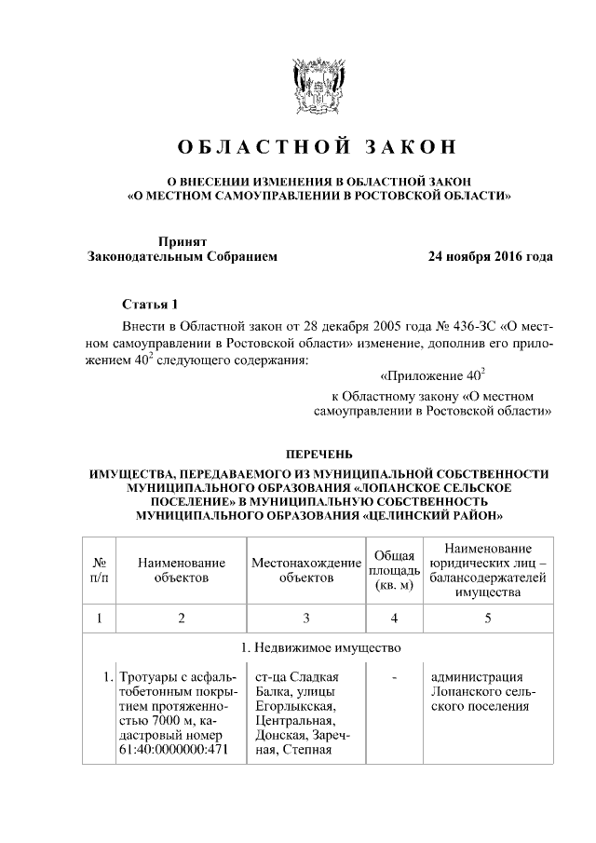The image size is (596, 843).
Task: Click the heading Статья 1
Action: coord(149,305)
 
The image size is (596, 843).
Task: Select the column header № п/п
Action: coord(99,570)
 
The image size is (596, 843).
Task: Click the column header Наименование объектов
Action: coord(182,570)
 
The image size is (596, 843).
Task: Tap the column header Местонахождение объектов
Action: coord(305,570)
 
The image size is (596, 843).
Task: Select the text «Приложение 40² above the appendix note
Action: coord(434,376)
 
